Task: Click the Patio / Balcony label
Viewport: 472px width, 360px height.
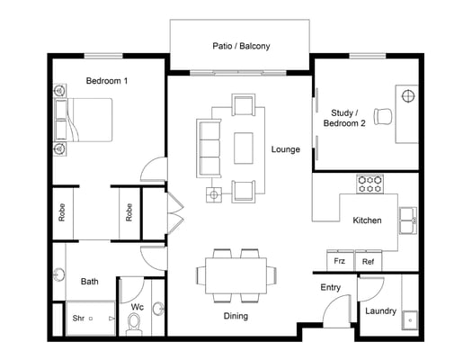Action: pyautogui.click(x=241, y=46)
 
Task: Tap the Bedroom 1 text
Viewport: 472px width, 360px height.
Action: pyautogui.click(x=107, y=81)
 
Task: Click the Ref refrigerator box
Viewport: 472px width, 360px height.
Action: pyautogui.click(x=369, y=261)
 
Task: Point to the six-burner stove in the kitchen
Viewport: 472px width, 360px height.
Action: pyautogui.click(x=370, y=184)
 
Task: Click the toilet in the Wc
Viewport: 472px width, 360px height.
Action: pyautogui.click(x=134, y=324)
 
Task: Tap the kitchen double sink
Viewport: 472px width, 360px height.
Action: pyautogui.click(x=408, y=220)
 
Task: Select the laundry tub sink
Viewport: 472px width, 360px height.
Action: pyautogui.click(x=410, y=320)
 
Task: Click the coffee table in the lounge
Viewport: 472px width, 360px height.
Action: pyautogui.click(x=244, y=148)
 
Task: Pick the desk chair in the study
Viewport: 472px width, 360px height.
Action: pyautogui.click(x=383, y=117)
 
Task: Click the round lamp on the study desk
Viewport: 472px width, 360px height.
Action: pyautogui.click(x=408, y=96)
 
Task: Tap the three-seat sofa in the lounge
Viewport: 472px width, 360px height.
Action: pyautogui.click(x=209, y=148)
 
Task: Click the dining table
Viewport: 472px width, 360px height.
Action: pyautogui.click(x=236, y=275)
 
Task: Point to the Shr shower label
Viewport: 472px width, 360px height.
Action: pyautogui.click(x=78, y=318)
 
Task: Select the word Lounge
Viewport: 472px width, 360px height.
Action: pyautogui.click(x=286, y=149)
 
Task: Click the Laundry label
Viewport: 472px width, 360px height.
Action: pyautogui.click(x=381, y=310)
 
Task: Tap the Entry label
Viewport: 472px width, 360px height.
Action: pyautogui.click(x=331, y=287)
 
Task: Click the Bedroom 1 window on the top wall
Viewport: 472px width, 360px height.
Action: pyautogui.click(x=103, y=56)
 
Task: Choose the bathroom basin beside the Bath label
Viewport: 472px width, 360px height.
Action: pyautogui.click(x=59, y=274)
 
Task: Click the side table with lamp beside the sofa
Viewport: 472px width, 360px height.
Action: pyautogui.click(x=214, y=194)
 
